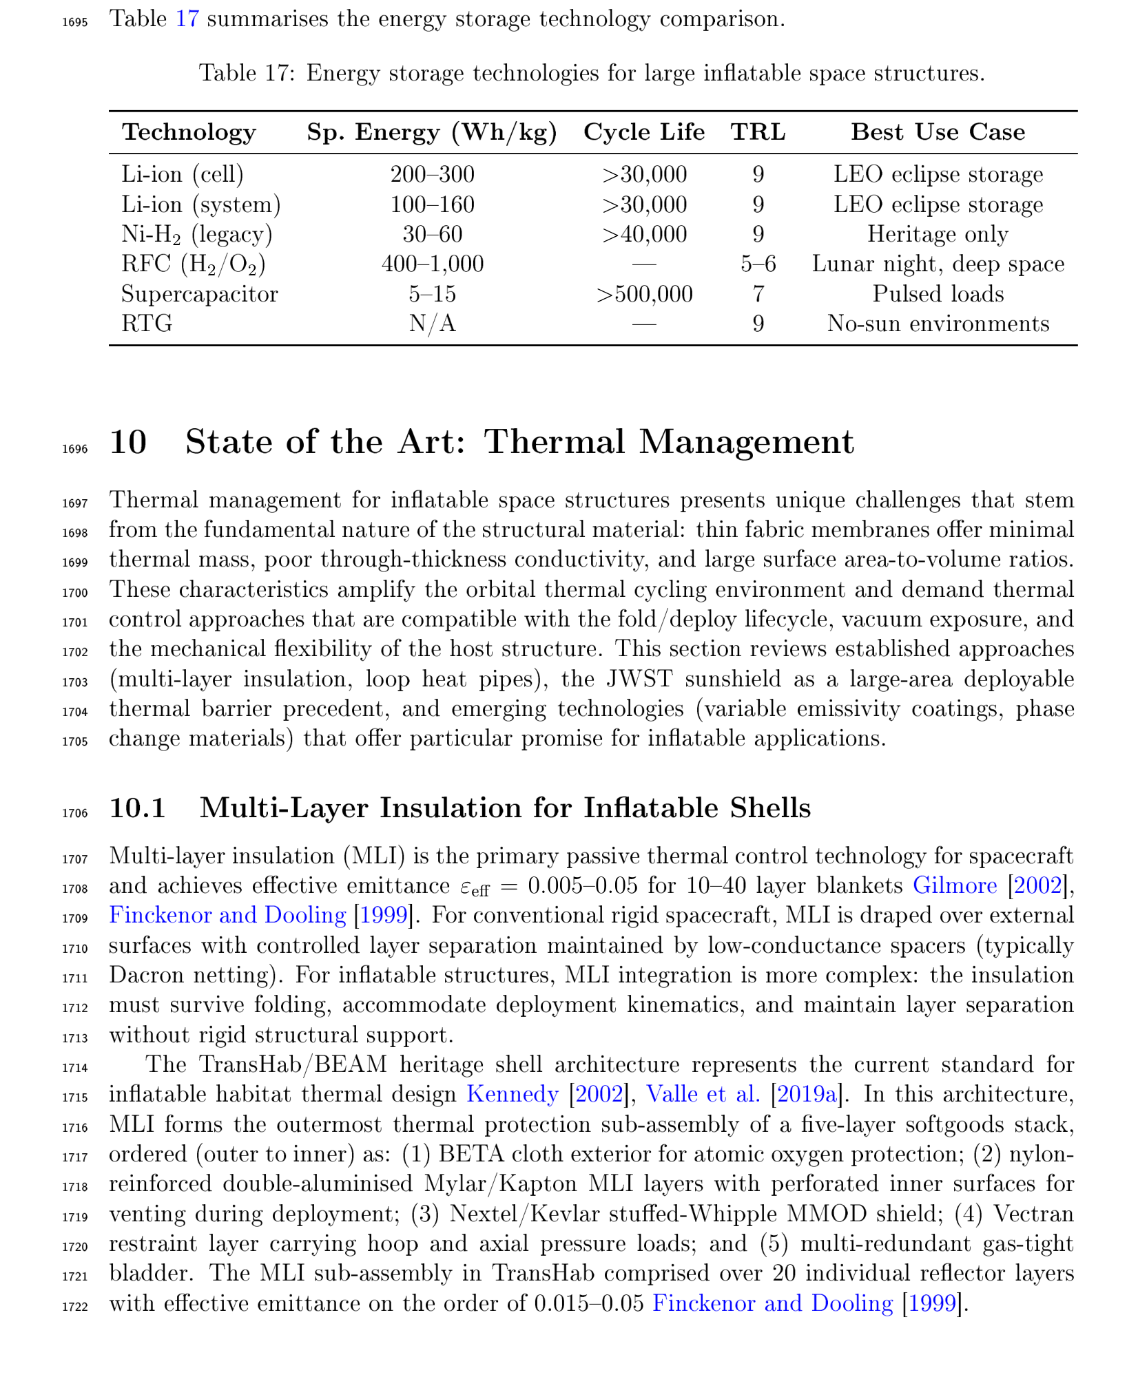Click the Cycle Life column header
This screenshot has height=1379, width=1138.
click(x=643, y=132)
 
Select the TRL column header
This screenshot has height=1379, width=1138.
click(x=758, y=132)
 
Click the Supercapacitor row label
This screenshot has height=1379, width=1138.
click(x=199, y=294)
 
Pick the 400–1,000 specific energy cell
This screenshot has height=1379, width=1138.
click(x=432, y=264)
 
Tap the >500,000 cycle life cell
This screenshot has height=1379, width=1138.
click(x=644, y=294)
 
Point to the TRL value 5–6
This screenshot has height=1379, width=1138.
click(x=758, y=264)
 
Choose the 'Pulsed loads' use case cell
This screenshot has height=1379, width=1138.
click(x=938, y=294)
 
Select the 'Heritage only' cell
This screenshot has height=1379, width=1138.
click(x=938, y=234)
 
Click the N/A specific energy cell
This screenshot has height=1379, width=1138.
click(x=432, y=324)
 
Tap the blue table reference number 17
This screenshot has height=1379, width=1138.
click(x=187, y=19)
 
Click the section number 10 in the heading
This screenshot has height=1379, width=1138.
click(x=128, y=442)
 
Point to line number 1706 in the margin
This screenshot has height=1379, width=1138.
click(x=75, y=813)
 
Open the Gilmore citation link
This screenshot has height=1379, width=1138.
click(x=954, y=885)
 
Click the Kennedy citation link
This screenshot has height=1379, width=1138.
click(x=512, y=1094)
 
